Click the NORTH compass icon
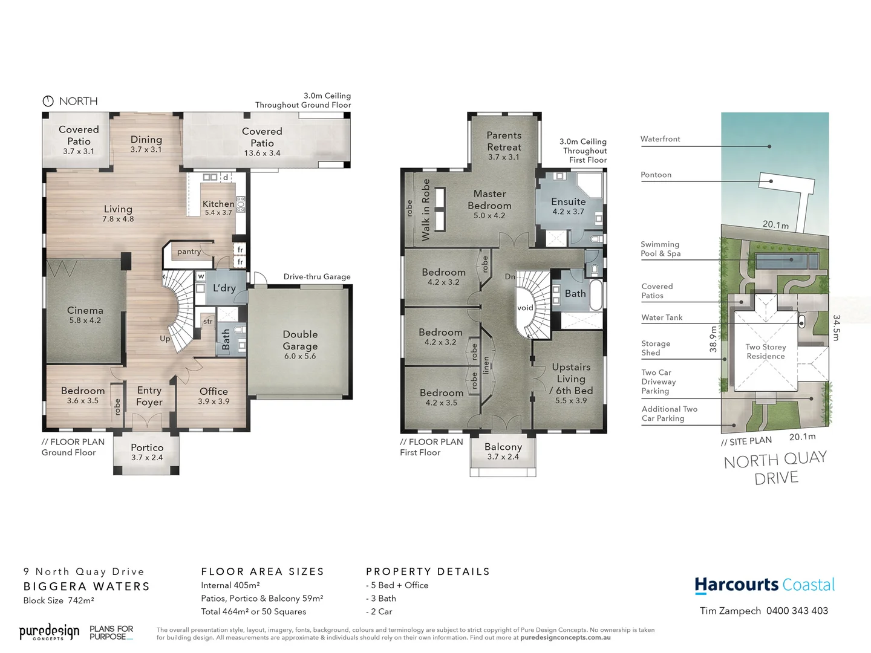click(48, 101)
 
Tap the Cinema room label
click(85, 311)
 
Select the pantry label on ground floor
click(189, 252)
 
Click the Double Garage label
click(300, 340)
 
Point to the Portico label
click(147, 448)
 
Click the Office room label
click(214, 392)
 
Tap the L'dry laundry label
click(224, 288)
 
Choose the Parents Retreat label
click(504, 141)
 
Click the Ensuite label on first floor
click(568, 202)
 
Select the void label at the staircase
click(525, 308)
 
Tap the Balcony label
click(503, 447)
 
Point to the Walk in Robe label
click(426, 210)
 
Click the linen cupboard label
click(486, 365)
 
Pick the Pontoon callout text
click(656, 175)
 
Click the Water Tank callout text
click(662, 317)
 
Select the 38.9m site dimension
click(713, 339)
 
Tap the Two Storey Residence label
click(766, 351)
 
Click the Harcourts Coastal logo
click(765, 585)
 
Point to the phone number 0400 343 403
click(797, 611)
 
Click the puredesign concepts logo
click(49, 632)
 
